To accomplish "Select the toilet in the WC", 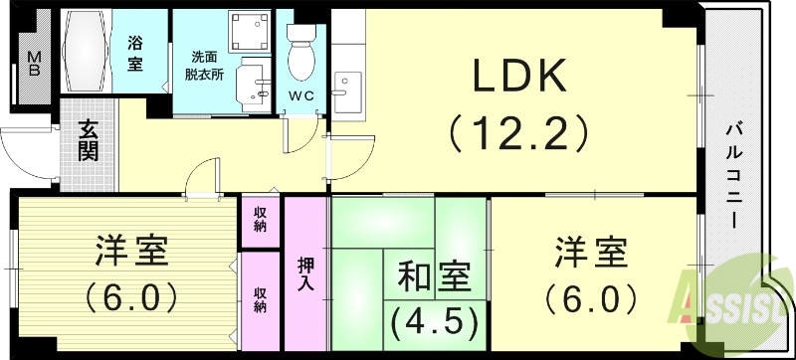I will coord(299,54).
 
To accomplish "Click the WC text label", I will coord(300,95).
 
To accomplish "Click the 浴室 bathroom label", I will coord(135,54).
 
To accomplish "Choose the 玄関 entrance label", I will coord(88,140).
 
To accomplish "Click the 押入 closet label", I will coord(306,273).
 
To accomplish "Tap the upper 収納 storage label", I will coord(260,219).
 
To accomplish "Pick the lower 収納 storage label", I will coord(260,299).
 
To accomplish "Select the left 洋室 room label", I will coord(131,252).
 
